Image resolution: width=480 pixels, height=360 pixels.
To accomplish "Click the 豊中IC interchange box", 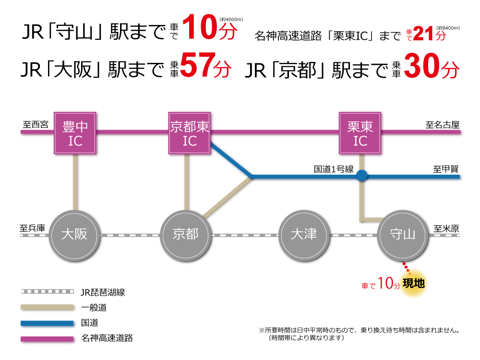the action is point(75,133).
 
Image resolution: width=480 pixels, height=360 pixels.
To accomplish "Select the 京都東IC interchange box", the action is point(190,133).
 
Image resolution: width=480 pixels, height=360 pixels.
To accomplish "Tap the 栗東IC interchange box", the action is point(360,133).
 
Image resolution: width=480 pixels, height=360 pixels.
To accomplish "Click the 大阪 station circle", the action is point(74,235).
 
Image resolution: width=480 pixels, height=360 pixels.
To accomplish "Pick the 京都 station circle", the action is point(185,235).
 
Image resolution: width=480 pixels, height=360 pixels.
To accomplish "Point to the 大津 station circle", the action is point(304,235).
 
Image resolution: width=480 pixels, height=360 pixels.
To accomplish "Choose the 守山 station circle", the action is point(403,235).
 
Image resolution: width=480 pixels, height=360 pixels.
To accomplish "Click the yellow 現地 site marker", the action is point(413,284).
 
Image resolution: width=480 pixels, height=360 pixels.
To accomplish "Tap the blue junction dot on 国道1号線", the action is point(361,176).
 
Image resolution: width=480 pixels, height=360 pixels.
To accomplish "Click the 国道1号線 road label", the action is point(334,169).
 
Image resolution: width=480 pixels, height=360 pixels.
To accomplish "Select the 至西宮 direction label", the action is point(36,125).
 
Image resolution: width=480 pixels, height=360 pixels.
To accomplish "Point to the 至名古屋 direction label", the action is point(443,125).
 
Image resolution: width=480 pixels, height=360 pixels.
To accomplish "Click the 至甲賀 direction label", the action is point(446,169).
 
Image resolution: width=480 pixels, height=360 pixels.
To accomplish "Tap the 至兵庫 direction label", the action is point(32,228).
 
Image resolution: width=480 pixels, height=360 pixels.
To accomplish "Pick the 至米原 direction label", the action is point(446,228).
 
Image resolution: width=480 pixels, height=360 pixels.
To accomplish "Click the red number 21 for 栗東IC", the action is point(423,34).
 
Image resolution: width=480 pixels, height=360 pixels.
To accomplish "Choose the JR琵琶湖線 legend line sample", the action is point(48,291).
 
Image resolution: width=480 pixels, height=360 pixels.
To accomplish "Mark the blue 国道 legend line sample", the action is point(48,323).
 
